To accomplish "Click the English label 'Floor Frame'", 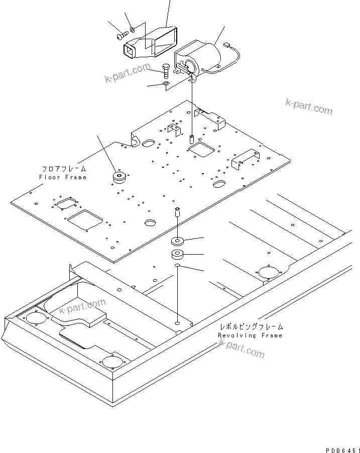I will point(63,177).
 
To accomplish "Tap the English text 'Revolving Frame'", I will point(250,335).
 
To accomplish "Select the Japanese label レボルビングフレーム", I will point(250,327).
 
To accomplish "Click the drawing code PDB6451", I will point(338,445).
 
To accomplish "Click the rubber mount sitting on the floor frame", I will point(119,178).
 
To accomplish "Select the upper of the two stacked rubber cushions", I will point(177,240).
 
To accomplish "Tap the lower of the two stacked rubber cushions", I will point(177,254).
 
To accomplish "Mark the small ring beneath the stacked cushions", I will point(177,266).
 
